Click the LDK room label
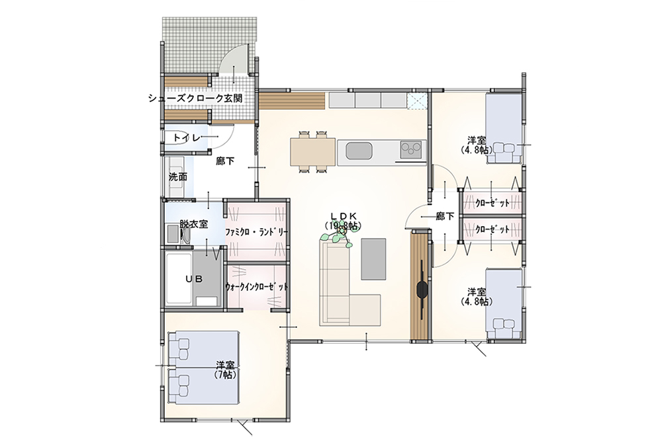(x=343, y=221)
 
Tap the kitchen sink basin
(x=359, y=151)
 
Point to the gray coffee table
(x=373, y=259)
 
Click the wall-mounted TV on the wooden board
(x=422, y=290)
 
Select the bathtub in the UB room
(x=179, y=278)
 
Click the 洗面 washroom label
(x=177, y=177)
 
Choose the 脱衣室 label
(x=193, y=224)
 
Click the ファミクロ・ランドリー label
(x=256, y=232)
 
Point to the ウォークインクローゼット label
(x=257, y=287)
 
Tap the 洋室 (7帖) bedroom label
(x=226, y=370)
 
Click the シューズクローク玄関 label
(x=195, y=99)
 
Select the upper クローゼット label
(x=493, y=203)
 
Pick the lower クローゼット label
(x=493, y=230)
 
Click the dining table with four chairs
(x=313, y=152)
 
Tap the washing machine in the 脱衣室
(x=172, y=233)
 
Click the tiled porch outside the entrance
(x=210, y=45)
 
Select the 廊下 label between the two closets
(x=445, y=216)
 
